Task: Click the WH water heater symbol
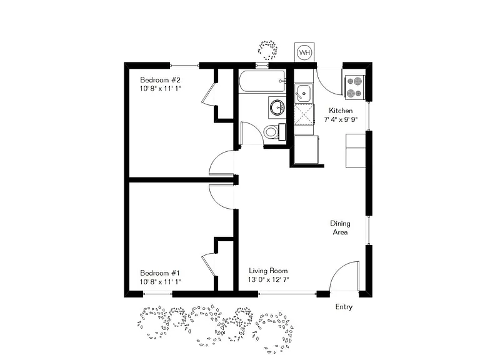[304, 52]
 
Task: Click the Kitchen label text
[341, 111]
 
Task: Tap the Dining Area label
[340, 227]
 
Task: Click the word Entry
[344, 307]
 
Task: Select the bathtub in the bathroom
[262, 81]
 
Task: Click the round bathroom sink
[277, 107]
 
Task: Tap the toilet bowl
[271, 132]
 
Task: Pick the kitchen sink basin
[303, 93]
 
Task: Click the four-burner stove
[354, 87]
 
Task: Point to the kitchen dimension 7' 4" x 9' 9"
[341, 119]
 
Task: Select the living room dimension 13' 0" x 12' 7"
[269, 279]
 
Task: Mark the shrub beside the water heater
[268, 50]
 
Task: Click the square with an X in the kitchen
[304, 115]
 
